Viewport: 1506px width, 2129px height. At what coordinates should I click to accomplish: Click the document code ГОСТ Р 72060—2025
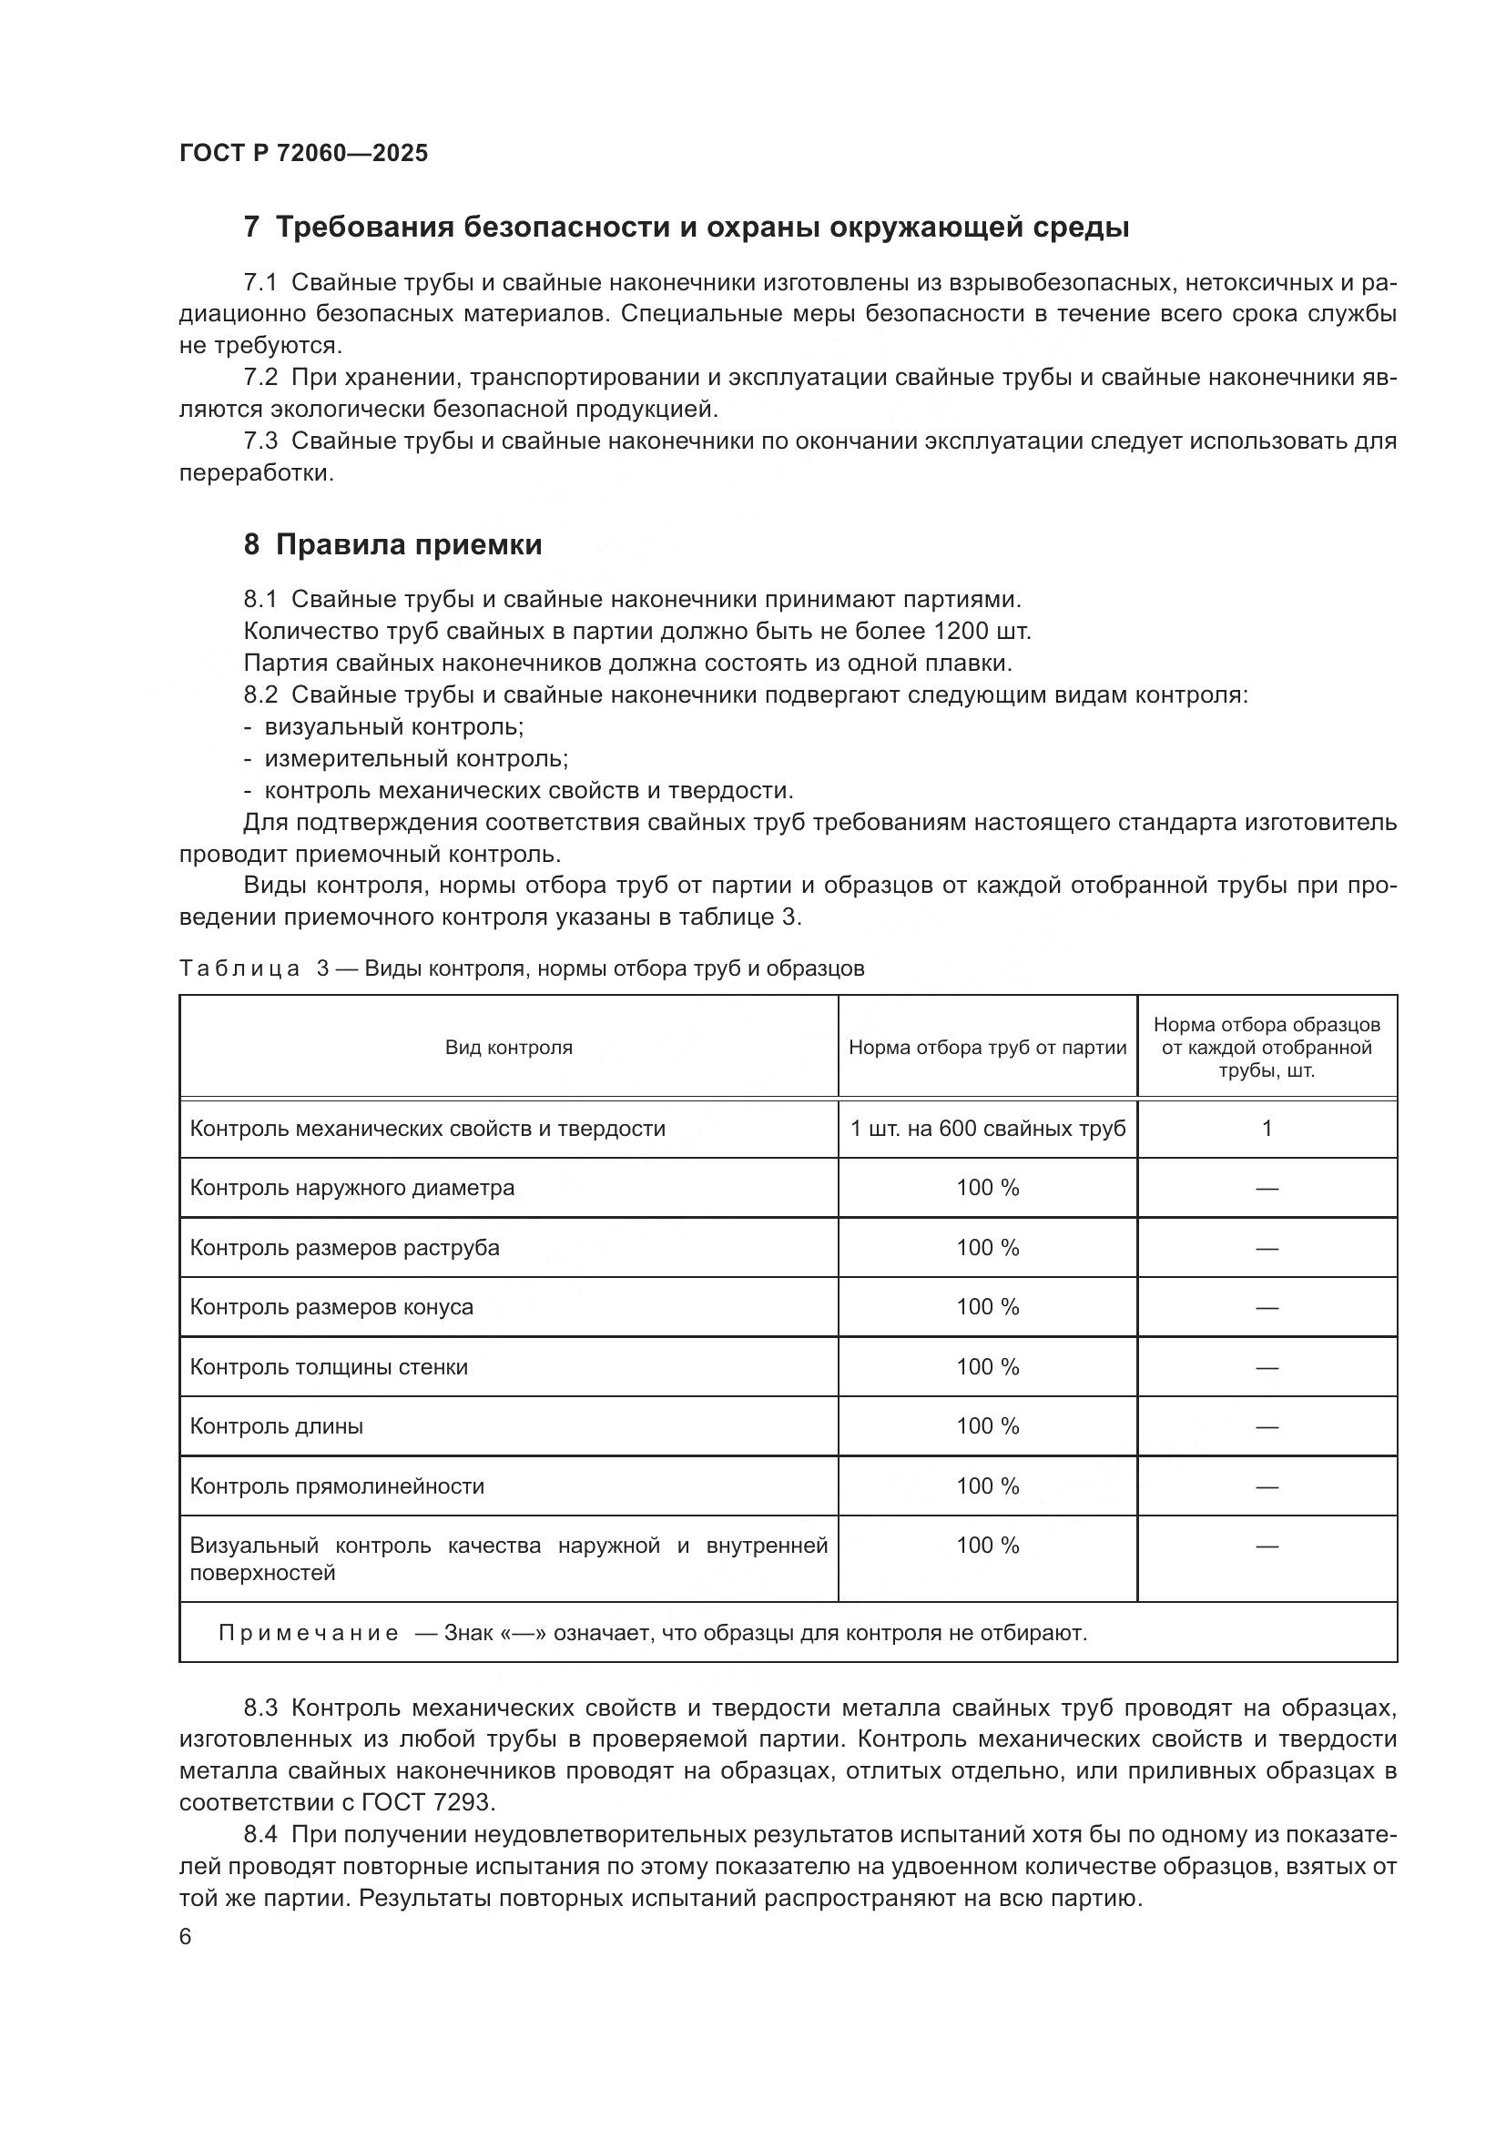[303, 154]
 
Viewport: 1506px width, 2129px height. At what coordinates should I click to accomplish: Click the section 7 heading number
[251, 228]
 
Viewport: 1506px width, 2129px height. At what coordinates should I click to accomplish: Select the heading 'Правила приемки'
[408, 544]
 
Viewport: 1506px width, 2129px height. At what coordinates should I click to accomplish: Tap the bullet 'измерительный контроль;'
[416, 758]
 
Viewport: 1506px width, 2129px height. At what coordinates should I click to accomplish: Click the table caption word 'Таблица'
[239, 969]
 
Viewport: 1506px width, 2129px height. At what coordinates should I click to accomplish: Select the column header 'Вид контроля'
[508, 1048]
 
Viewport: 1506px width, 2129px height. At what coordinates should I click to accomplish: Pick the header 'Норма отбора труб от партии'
[988, 1048]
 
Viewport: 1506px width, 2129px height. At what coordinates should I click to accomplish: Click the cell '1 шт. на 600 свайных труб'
[988, 1129]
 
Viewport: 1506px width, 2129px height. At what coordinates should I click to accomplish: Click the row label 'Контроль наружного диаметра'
[351, 1188]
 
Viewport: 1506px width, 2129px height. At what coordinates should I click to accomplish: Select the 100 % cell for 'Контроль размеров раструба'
[988, 1248]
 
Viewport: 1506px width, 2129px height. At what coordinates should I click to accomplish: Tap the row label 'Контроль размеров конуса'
[331, 1307]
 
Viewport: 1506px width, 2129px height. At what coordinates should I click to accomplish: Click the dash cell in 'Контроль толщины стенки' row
[1267, 1367]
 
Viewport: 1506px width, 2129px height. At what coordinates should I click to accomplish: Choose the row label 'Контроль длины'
[277, 1426]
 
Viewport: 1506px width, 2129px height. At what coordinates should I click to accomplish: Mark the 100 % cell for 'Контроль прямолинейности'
[988, 1486]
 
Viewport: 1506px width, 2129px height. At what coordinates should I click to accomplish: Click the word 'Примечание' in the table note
[309, 1633]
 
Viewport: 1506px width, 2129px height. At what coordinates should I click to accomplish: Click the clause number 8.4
[260, 1835]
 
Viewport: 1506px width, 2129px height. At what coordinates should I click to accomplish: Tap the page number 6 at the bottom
[186, 1937]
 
